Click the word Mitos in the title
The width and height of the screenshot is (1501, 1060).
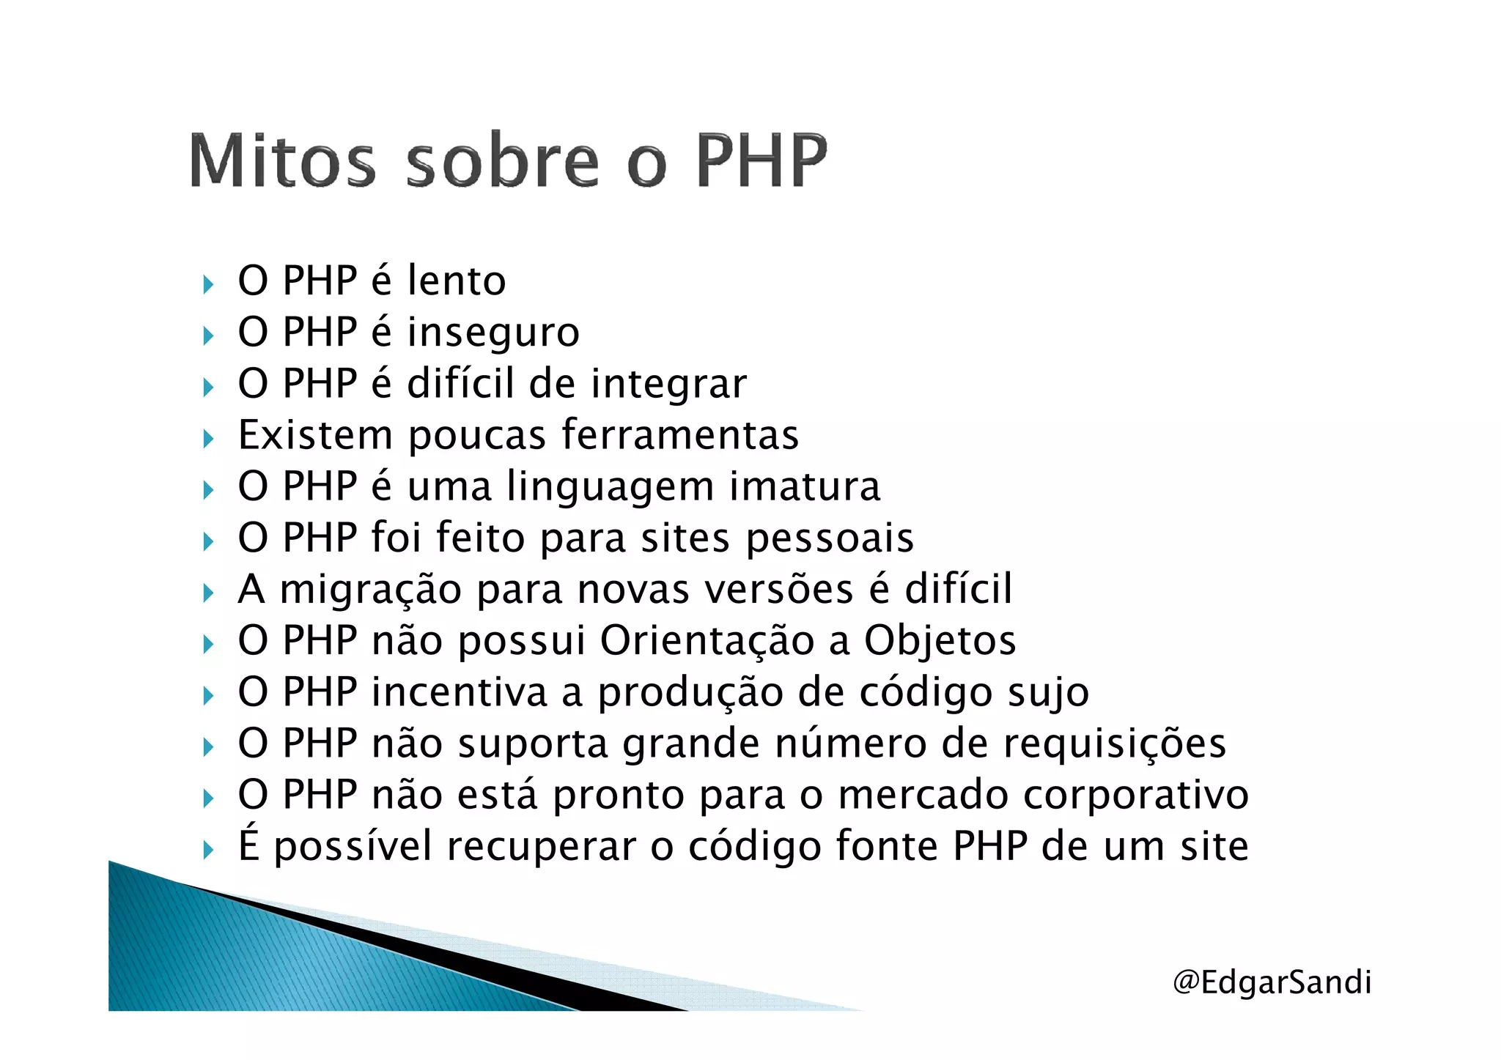click(x=282, y=160)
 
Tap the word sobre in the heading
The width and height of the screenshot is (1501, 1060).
click(x=502, y=160)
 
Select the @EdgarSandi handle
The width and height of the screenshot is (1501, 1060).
click(x=1272, y=982)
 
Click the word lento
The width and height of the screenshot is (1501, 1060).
click(x=457, y=281)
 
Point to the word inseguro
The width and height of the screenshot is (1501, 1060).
click(x=493, y=333)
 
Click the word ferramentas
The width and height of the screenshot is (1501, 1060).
click(x=679, y=435)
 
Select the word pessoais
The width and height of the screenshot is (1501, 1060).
click(x=830, y=539)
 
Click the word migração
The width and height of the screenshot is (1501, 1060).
click(x=371, y=590)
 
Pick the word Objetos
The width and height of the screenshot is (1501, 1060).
click(x=940, y=641)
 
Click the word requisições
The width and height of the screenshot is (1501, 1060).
click(x=1114, y=744)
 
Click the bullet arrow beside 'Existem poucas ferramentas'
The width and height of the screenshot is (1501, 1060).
click(x=208, y=438)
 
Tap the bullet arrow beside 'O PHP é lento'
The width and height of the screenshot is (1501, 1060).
click(x=208, y=283)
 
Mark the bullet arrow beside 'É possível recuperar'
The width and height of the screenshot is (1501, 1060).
click(x=208, y=850)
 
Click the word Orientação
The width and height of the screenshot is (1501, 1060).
click(x=707, y=641)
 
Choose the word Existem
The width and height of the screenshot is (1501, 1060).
click(x=315, y=435)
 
